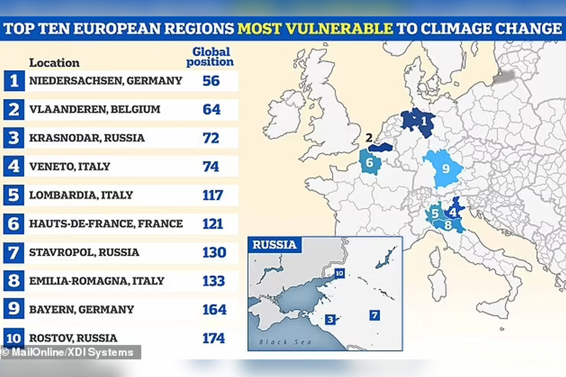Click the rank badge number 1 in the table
pos(13,80)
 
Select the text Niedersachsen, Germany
pos(106,80)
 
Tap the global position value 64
pos(212,109)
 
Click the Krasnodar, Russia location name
pos(87,138)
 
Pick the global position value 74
pos(211,167)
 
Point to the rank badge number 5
pos(13,195)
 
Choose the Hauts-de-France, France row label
pos(106,223)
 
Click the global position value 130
pos(214,252)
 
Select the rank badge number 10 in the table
pos(13,338)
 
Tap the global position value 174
pos(214,338)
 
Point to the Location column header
pos(54,63)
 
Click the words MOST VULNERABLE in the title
pos(315,28)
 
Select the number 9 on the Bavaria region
pos(445,168)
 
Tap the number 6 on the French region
pos(370,163)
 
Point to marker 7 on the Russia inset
pos(375,315)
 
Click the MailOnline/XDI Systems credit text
pos(68,352)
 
